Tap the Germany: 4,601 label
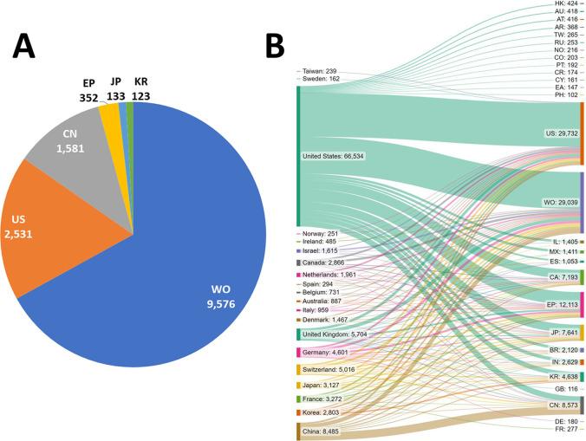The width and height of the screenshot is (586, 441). tap(330, 353)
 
